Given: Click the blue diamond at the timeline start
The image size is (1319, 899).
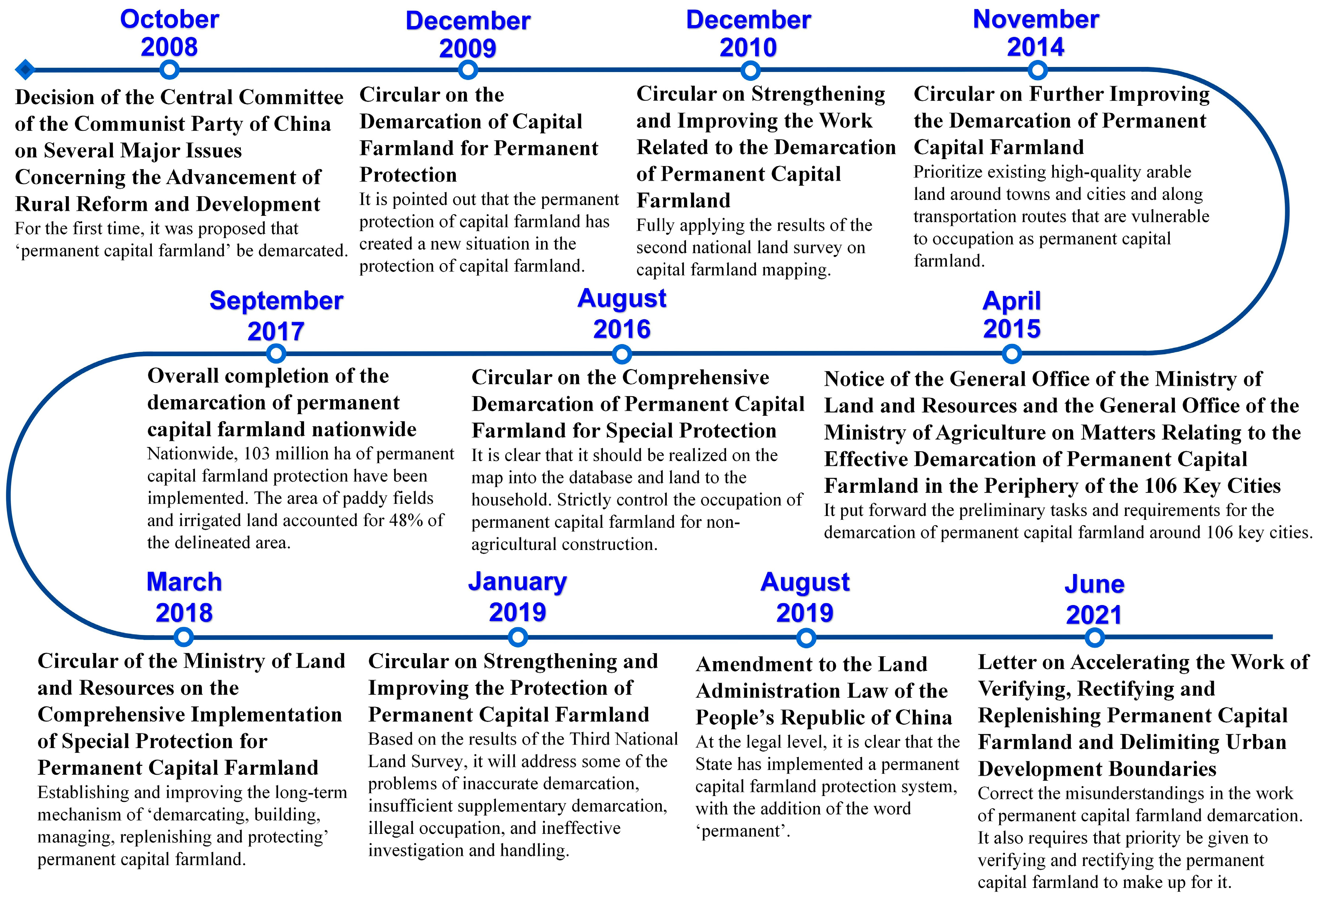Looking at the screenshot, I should point(24,70).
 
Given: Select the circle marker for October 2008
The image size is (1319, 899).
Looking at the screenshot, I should point(169,70).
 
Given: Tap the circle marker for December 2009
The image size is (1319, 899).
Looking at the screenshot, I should point(467,70).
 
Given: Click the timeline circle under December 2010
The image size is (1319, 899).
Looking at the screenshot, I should point(750,70).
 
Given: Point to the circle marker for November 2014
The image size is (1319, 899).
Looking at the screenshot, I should point(1037,70).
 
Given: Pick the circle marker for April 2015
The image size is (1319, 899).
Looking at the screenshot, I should point(1011,354).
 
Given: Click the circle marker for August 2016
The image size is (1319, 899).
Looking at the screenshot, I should point(622,354).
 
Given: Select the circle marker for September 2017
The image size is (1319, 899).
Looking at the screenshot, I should point(276,354).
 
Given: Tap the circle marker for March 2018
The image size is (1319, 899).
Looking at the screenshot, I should point(183,637).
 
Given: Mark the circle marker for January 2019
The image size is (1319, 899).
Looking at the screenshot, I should point(518,637).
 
